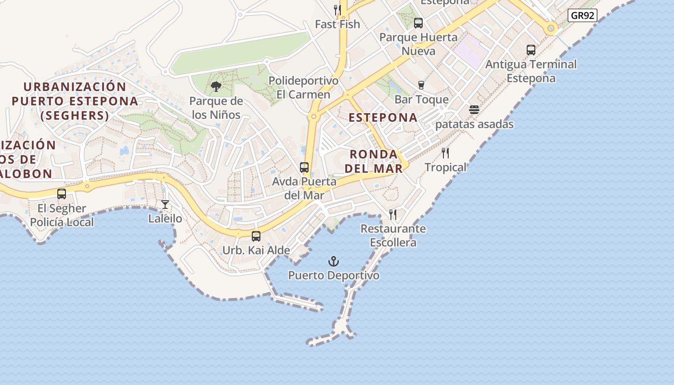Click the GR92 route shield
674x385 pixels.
583,15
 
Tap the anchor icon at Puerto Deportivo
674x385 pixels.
334,261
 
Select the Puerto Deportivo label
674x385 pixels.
334,275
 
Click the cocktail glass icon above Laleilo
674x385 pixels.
165,205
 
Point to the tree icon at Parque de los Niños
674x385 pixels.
216,87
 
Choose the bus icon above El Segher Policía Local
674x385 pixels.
62,194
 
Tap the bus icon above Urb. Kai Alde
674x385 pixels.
256,236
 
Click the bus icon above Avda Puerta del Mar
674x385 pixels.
304,167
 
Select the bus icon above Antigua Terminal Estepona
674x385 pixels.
531,50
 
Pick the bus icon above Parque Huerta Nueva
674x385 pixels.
418,23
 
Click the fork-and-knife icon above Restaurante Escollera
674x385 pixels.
393,215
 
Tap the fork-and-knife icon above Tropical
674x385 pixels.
445,153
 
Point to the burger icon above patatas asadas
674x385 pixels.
474,110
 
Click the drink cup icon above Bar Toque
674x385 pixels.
421,85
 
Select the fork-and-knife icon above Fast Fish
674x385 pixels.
337,10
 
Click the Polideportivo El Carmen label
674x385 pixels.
303,88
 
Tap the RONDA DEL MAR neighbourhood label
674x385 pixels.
374,161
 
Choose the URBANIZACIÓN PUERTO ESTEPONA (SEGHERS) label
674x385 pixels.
75,101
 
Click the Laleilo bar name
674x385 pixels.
165,218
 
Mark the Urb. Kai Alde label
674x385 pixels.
256,250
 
